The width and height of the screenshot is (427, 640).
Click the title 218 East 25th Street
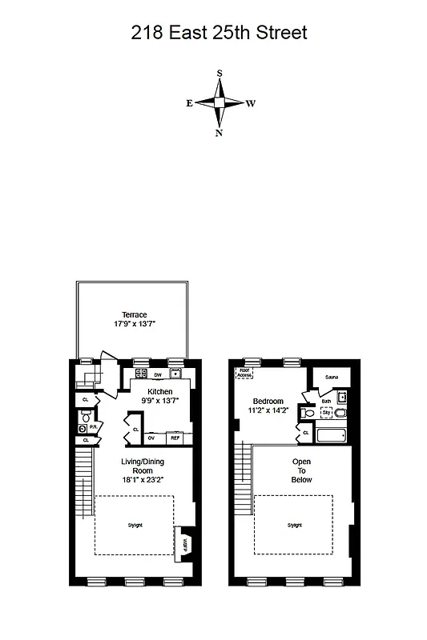[x=219, y=33]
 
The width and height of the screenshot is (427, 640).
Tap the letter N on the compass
[x=219, y=133]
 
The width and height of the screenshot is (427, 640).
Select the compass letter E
[x=189, y=103]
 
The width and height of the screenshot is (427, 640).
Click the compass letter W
[x=250, y=103]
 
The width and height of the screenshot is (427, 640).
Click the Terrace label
[x=134, y=314]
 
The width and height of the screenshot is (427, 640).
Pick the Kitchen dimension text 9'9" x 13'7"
[x=159, y=401]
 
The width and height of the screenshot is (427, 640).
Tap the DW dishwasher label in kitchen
[x=158, y=374]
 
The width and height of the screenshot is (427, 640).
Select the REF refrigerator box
[x=175, y=438]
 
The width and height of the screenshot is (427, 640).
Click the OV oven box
[x=151, y=438]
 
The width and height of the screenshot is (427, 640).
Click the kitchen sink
[x=175, y=374]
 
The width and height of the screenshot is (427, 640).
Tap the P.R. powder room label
[x=93, y=427]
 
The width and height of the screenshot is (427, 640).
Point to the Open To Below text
[x=301, y=470]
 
